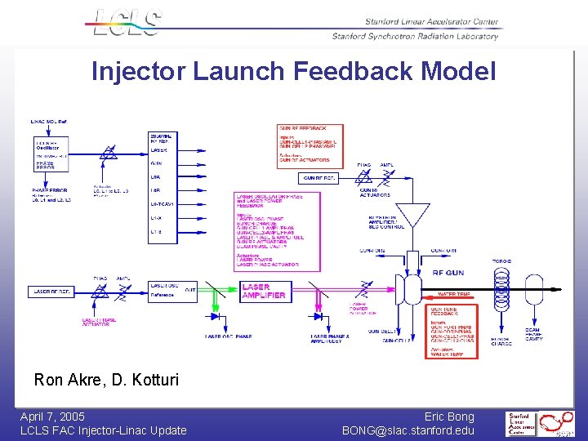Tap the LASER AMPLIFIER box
(x=265, y=292)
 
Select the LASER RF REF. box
(x=52, y=292)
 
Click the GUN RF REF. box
(x=319, y=178)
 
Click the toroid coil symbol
(x=501, y=291)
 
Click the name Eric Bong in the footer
(x=449, y=417)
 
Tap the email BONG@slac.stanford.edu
(x=408, y=430)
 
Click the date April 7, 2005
(x=52, y=417)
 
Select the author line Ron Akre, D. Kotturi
(x=105, y=380)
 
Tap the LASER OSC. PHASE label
(x=229, y=336)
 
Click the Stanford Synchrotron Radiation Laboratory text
(x=415, y=36)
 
